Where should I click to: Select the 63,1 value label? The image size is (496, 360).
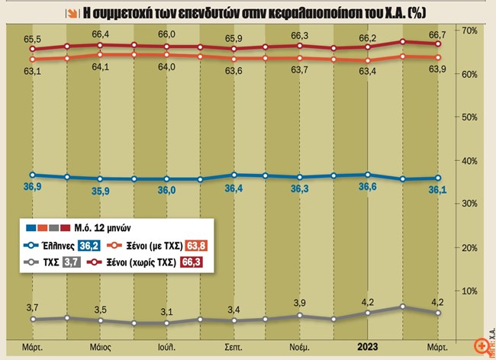[x=32, y=72]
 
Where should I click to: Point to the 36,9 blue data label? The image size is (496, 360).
[x=32, y=187]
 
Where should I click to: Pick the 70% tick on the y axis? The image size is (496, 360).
[x=469, y=30]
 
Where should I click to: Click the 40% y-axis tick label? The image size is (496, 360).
[x=469, y=161]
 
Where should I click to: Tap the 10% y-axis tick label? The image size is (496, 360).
[x=469, y=291]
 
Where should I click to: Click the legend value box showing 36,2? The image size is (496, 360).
[x=91, y=246]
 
